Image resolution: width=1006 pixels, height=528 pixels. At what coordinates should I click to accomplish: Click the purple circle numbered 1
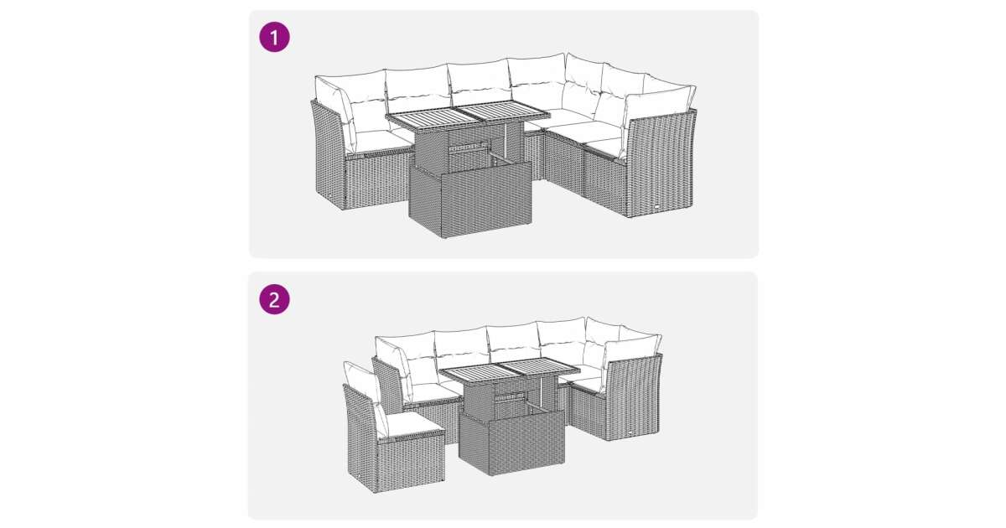(274, 37)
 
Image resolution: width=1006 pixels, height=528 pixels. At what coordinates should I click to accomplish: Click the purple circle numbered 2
(274, 299)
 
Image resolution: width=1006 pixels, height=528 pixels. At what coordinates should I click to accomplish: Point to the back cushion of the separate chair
(365, 396)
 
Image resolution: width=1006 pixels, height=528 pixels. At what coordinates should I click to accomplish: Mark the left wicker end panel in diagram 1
(328, 154)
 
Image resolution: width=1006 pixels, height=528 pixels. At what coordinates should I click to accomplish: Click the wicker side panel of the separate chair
(362, 437)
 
